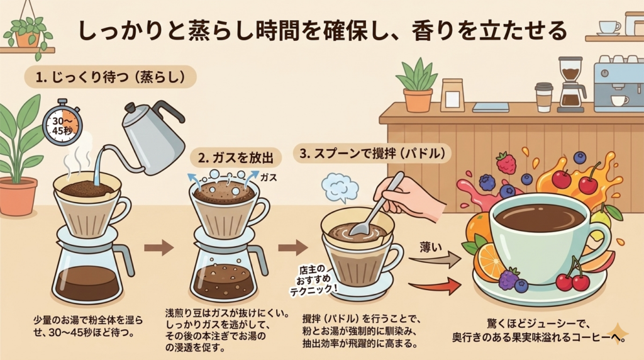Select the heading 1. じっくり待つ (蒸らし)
tap(110, 77)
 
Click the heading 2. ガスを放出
tap(236, 158)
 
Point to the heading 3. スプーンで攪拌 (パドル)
tap(372, 154)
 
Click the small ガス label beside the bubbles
tap(269, 177)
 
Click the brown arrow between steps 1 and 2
tap(159, 248)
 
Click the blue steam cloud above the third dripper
tap(340, 188)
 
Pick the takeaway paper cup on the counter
tap(544, 98)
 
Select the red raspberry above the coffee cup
tap(506, 163)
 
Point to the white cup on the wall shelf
tap(609, 28)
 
